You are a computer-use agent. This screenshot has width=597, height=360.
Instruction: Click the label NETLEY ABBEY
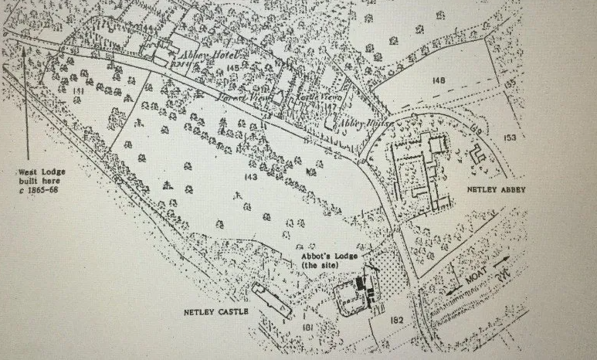coord(495,190)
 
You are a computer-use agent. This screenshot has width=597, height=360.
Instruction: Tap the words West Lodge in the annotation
coord(38,172)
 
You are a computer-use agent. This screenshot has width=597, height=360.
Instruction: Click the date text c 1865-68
coord(38,190)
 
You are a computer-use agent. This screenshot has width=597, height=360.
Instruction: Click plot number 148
coord(439,80)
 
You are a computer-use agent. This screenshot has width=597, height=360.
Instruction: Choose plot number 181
coord(307,329)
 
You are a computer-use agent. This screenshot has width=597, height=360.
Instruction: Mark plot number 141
coord(78,91)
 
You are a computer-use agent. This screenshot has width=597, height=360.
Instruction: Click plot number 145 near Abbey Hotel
coord(234,69)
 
